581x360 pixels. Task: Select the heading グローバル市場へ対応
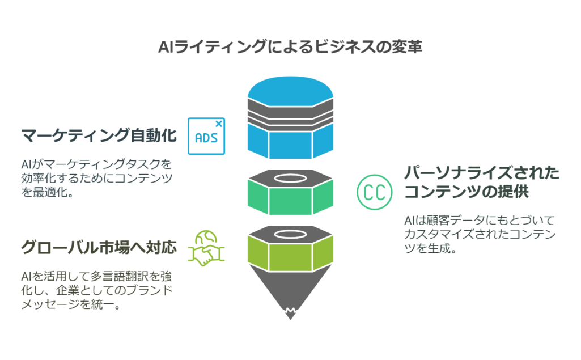tap(96, 248)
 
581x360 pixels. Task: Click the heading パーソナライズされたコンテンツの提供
tap(481, 181)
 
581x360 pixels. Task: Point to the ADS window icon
tap(206, 136)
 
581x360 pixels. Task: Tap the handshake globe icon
tap(206, 248)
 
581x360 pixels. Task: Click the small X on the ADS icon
tap(219, 122)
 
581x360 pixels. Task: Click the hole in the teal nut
tap(290, 180)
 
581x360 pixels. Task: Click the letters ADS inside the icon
tap(206, 138)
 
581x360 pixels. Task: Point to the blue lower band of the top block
tap(290, 144)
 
